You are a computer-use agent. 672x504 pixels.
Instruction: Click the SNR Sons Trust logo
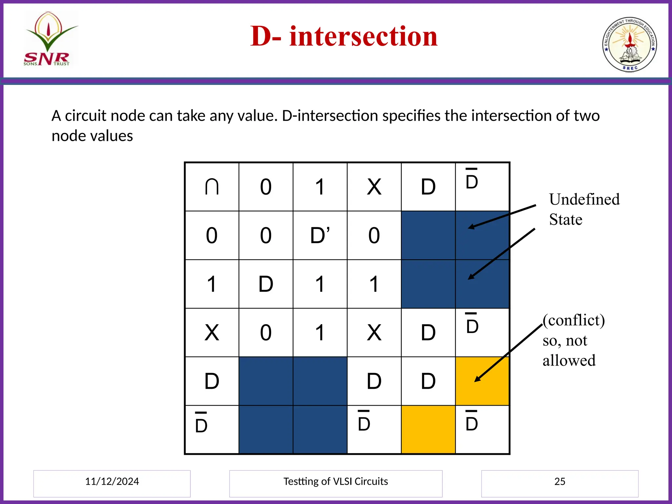(49, 39)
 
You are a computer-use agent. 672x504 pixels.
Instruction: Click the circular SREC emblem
(629, 45)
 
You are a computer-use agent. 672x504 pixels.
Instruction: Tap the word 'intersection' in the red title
(364, 36)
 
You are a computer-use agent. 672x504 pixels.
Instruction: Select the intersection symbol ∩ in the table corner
(212, 187)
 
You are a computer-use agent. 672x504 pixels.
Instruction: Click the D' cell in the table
(320, 236)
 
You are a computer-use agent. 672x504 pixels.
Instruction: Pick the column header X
(374, 187)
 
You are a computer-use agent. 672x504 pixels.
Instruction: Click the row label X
(212, 333)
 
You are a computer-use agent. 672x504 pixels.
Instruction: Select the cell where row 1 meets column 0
(266, 284)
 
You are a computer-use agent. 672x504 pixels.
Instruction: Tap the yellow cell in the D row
(482, 381)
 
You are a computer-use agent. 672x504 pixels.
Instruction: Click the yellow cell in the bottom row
(428, 430)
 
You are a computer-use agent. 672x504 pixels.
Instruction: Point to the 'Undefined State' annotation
(584, 209)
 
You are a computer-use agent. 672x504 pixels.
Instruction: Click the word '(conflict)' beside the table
(574, 320)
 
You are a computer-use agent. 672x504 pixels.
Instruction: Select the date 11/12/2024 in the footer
(112, 481)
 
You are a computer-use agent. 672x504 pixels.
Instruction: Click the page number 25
(560, 481)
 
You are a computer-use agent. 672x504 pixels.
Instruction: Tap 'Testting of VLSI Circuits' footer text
(336, 481)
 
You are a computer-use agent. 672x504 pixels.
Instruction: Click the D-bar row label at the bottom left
(201, 424)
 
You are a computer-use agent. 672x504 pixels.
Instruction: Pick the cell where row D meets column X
(374, 381)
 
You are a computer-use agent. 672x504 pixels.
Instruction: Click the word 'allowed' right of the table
(569, 361)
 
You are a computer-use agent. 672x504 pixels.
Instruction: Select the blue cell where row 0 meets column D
(428, 236)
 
